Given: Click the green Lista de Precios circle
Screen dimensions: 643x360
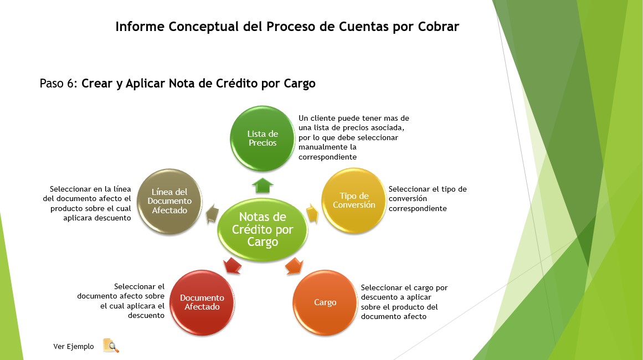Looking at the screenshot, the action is point(263,138).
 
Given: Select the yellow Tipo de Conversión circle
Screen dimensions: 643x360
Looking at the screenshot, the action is point(354,200).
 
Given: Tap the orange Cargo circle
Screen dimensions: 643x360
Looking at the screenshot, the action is point(325,302).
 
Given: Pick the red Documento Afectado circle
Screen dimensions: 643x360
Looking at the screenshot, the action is point(202,302).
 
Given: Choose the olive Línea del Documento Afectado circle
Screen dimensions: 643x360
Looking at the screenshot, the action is point(169,201).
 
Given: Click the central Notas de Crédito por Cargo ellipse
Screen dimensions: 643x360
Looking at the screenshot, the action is point(263,229).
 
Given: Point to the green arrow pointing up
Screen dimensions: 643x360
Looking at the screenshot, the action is point(263,185).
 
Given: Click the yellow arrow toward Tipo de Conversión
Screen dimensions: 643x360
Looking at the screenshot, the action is point(312,213).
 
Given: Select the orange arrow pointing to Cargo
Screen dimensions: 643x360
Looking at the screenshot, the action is point(295,266).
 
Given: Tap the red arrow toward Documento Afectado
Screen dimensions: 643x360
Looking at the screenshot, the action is point(232,266).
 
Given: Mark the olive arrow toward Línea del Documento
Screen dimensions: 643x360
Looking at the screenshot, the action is point(212,214).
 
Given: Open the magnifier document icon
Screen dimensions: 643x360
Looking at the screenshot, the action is point(111,346).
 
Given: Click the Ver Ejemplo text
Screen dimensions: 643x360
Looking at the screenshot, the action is point(74,347).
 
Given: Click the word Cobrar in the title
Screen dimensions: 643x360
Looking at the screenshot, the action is point(439,27).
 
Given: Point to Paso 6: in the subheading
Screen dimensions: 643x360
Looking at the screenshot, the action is point(59,83).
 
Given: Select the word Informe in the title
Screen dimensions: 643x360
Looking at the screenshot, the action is point(140,27).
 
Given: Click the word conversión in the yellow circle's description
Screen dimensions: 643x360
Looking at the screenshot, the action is point(408,198).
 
